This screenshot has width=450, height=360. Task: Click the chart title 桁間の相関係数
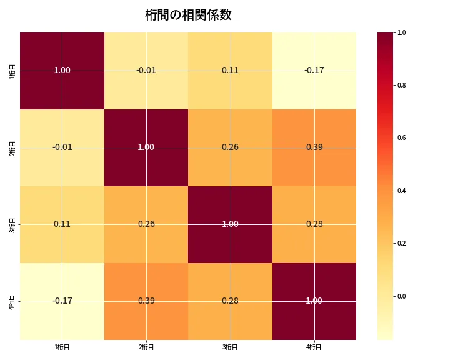coord(188,15)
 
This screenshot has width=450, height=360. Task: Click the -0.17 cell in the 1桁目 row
coord(314,71)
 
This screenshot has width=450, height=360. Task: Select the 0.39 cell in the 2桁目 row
coord(314,147)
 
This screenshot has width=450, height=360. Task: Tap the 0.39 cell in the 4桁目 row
coord(146,301)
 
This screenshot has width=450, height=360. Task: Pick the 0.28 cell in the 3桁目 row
coord(314,224)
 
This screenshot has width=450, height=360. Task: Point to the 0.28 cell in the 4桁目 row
coord(230,301)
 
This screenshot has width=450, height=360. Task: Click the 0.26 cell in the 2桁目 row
coord(230,147)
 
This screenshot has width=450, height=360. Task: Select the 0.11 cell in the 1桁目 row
coord(230,71)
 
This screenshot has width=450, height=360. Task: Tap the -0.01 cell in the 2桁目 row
coord(62,147)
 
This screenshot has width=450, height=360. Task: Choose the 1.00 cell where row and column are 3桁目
coord(230,224)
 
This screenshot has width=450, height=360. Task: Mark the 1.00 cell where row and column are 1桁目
coord(62,71)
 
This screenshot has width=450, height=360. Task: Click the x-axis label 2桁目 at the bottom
coord(146,347)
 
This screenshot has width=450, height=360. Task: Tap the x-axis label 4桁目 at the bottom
coord(314,347)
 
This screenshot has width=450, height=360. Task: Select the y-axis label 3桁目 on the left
coord(12,224)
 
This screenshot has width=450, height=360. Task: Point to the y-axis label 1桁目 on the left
coord(12,71)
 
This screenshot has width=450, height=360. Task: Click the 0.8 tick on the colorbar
coord(402,85)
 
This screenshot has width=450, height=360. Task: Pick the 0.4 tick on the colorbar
coord(402,191)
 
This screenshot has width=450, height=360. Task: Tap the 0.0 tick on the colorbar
coord(402,296)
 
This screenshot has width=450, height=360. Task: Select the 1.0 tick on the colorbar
coord(402,32)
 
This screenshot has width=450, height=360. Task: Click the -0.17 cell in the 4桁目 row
coord(62,301)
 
